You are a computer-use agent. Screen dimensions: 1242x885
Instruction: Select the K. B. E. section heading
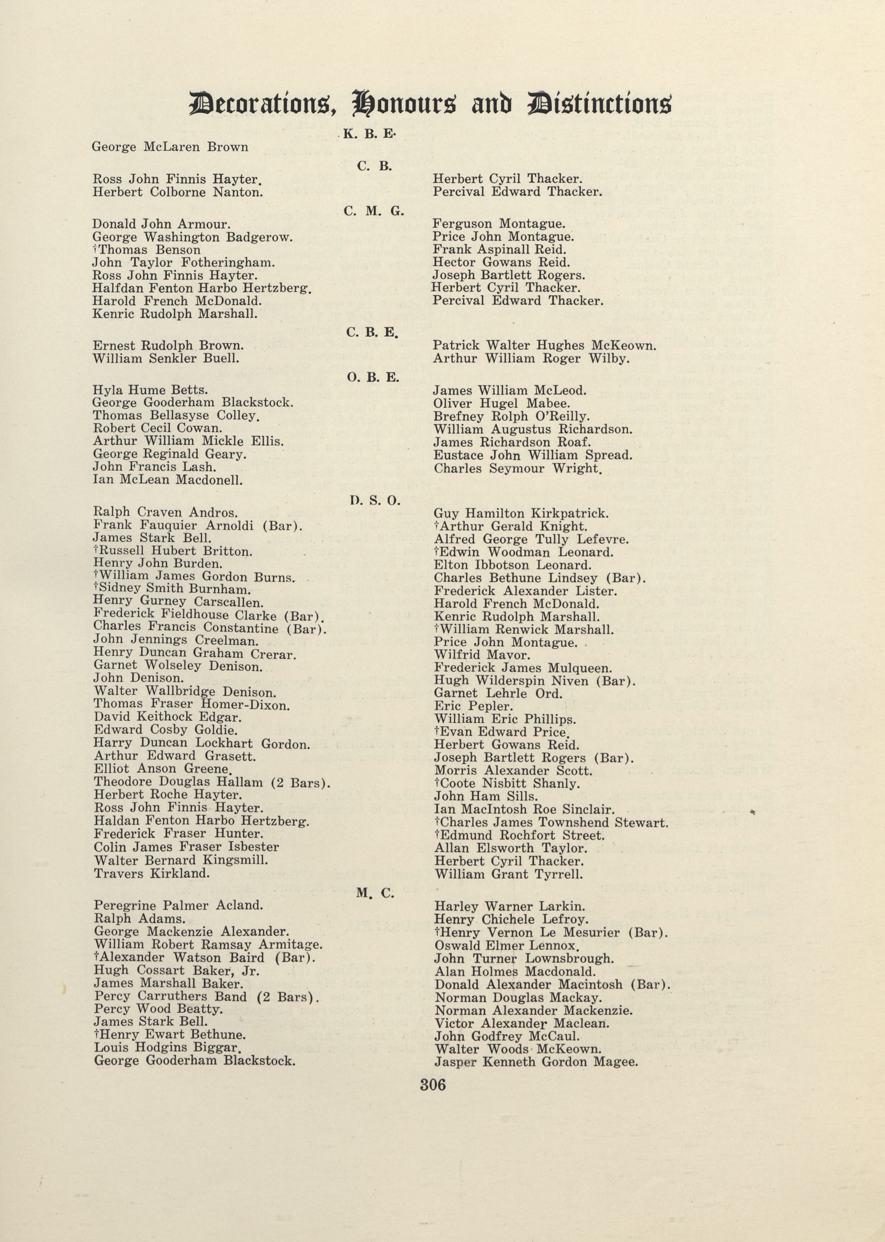(369, 133)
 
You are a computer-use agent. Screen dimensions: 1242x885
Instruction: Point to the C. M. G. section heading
(374, 212)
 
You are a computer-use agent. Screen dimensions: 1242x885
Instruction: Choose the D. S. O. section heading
(374, 500)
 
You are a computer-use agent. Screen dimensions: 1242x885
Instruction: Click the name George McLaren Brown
(170, 147)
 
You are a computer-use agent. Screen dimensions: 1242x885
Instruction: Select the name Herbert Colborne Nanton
(178, 192)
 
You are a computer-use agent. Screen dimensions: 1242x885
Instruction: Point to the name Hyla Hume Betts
(150, 390)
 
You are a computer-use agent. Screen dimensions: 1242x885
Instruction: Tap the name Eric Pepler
(473, 706)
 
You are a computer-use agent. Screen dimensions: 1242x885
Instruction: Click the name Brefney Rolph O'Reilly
(511, 416)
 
